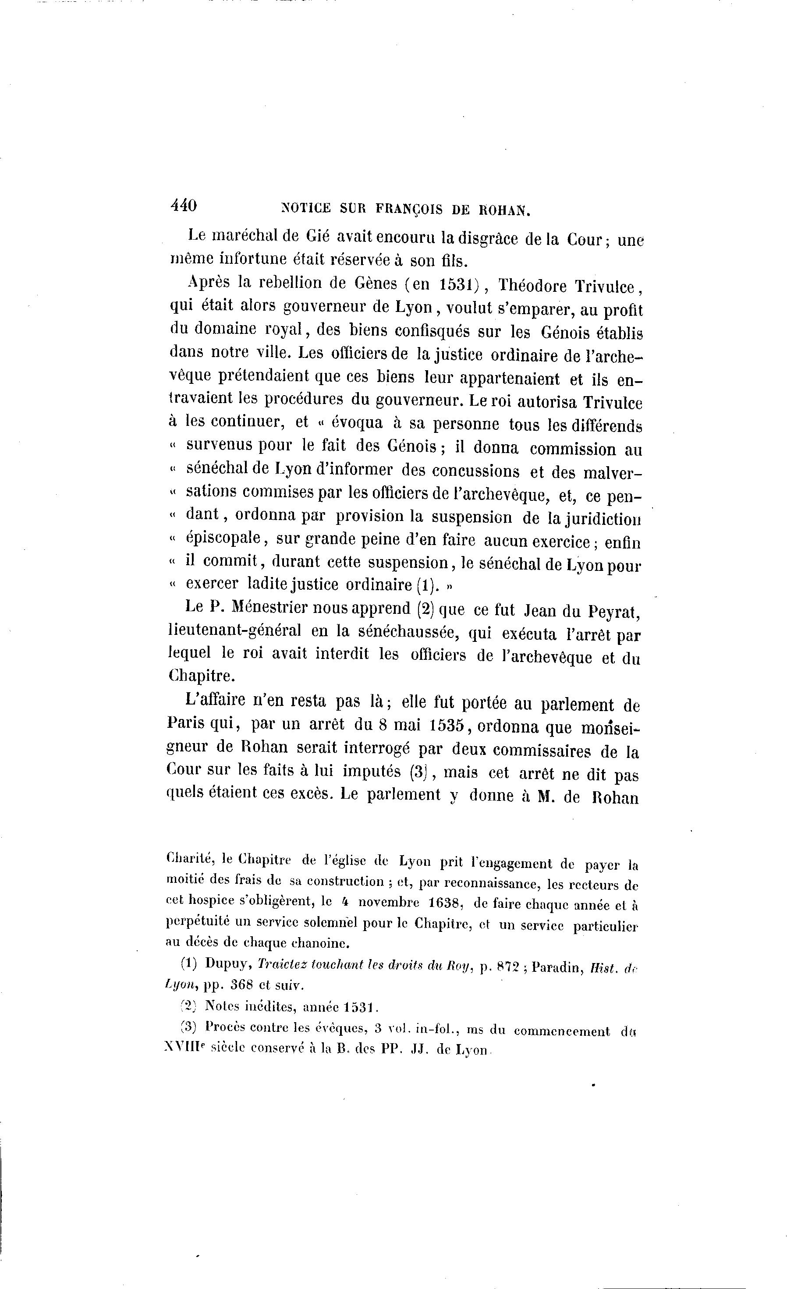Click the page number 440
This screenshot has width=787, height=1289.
[183, 205]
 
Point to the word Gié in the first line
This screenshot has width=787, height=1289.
[318, 237]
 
